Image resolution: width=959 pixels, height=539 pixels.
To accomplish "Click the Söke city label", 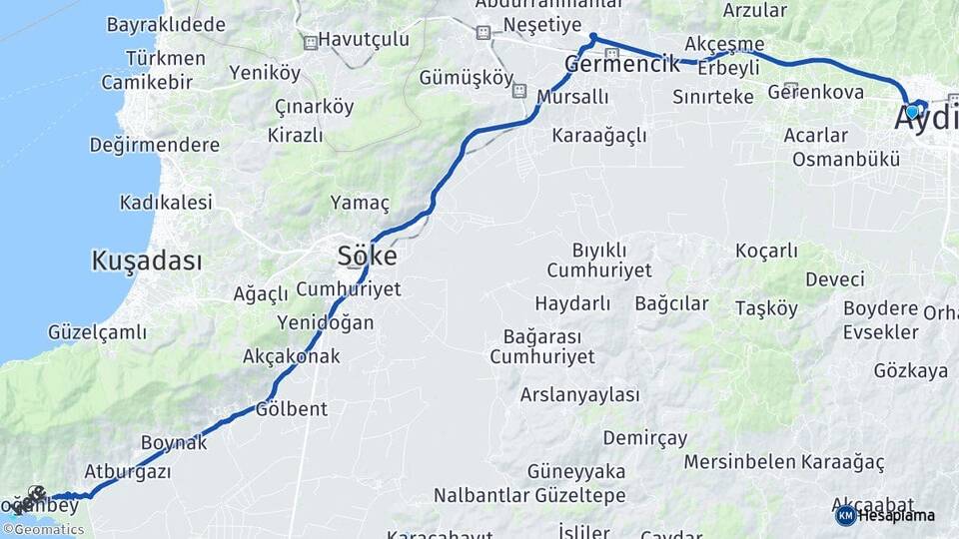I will pyautogui.click(x=367, y=257).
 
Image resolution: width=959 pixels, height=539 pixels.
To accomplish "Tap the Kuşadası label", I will pyautogui.click(x=146, y=262).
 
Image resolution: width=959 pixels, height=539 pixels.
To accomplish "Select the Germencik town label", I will pyautogui.click(x=622, y=64).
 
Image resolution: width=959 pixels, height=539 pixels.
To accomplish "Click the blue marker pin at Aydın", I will pyautogui.click(x=912, y=111).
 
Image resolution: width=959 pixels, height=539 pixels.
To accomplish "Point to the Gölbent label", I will pyautogui.click(x=292, y=409).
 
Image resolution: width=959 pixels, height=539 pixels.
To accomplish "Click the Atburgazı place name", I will pyautogui.click(x=128, y=471).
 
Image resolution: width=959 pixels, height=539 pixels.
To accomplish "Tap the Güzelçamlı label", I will pyautogui.click(x=97, y=332).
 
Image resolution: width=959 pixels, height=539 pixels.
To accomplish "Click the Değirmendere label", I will pyautogui.click(x=154, y=145).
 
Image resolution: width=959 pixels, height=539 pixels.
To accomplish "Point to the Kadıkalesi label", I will pyautogui.click(x=166, y=203).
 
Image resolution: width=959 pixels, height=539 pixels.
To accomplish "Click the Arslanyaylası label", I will pyautogui.click(x=579, y=394).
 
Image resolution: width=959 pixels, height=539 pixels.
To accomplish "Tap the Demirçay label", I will pyautogui.click(x=645, y=438).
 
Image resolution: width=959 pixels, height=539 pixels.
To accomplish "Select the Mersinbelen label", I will pyautogui.click(x=740, y=462).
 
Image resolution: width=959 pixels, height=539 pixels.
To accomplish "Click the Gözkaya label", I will pyautogui.click(x=910, y=371).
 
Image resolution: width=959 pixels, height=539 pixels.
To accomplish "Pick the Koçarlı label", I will pyautogui.click(x=766, y=252).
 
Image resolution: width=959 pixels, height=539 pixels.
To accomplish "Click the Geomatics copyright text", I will pyautogui.click(x=48, y=530).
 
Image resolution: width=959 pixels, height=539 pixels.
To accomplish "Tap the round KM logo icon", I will pyautogui.click(x=845, y=515).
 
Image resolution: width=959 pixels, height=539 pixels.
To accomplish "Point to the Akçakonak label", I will pyautogui.click(x=291, y=356).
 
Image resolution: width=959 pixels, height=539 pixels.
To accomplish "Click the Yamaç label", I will pyautogui.click(x=360, y=203).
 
